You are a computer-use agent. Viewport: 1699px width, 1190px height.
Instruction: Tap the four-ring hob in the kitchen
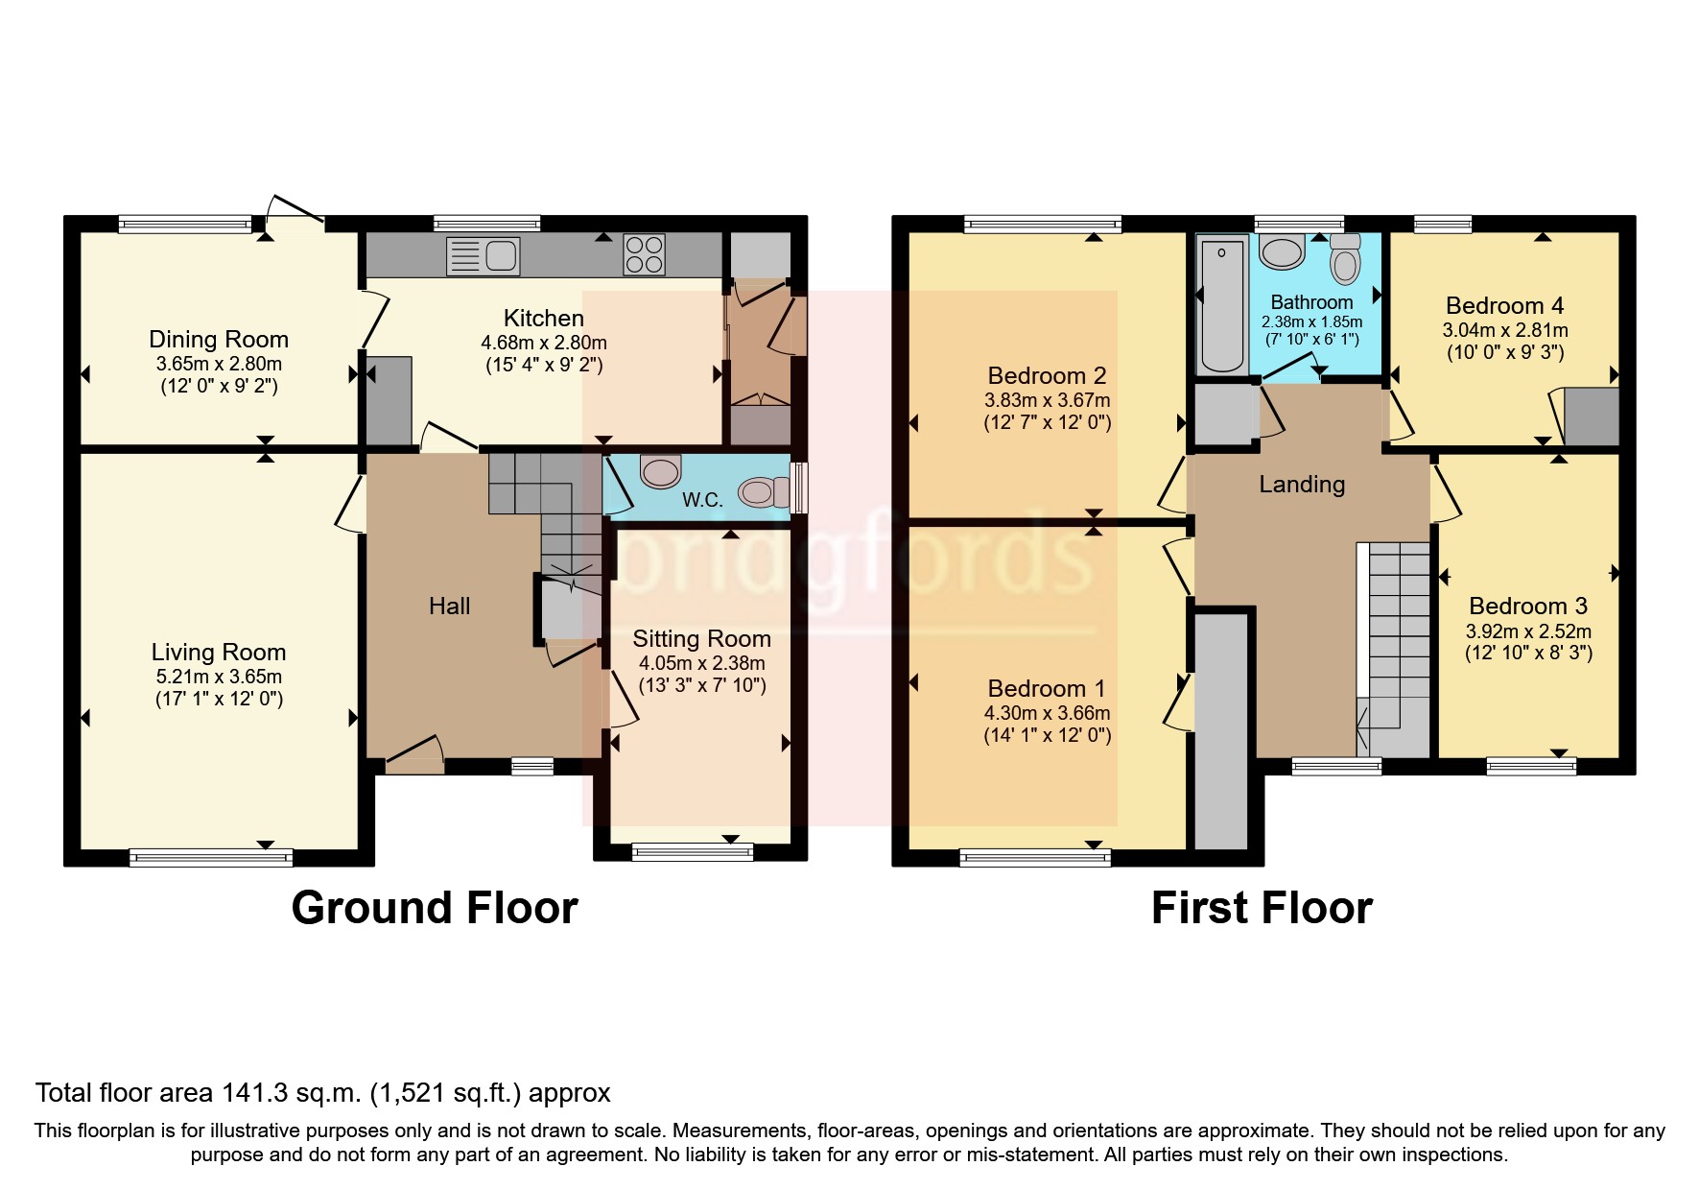pos(644,254)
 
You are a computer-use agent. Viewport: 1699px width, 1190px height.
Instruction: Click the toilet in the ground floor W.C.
pos(760,492)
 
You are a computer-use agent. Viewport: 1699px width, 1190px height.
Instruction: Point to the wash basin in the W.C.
pos(659,471)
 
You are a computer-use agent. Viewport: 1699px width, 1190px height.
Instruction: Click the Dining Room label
pos(219,339)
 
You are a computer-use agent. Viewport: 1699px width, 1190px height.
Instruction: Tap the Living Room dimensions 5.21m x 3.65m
pos(219,676)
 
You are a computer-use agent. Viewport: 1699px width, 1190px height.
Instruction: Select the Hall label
pos(449,606)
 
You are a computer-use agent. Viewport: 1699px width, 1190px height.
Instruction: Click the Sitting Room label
pos(701,639)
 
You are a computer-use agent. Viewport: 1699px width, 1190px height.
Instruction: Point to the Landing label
pos(1302,484)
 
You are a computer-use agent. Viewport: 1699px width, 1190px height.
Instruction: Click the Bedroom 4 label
pos(1504,305)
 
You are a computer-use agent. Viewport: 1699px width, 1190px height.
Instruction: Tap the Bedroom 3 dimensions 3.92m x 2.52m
pos(1528,631)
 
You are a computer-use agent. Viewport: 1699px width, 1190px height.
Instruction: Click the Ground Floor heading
pos(435,908)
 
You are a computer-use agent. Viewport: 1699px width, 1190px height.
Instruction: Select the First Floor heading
pos(1262,908)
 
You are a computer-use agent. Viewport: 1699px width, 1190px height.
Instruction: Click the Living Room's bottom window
pos(211,856)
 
